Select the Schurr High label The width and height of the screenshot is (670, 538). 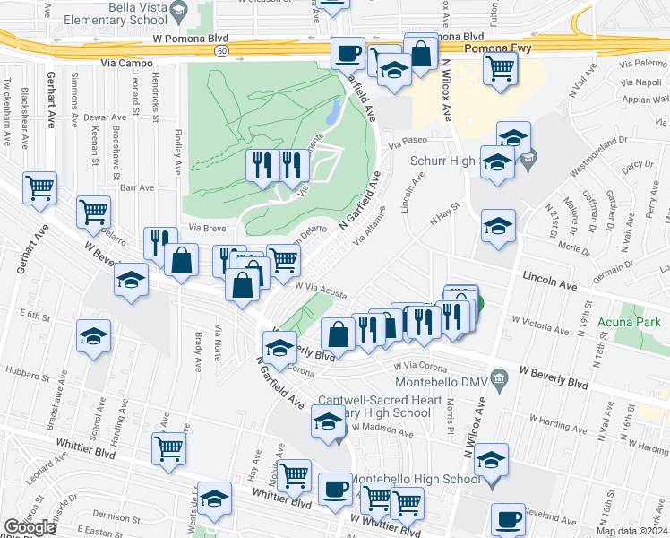pos(440,160)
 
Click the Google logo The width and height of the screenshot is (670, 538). pos(30,527)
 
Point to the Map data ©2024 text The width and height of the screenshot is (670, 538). pos(631,531)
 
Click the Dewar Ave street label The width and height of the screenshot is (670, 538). pos(105,117)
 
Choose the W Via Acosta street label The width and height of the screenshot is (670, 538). pos(321,290)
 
